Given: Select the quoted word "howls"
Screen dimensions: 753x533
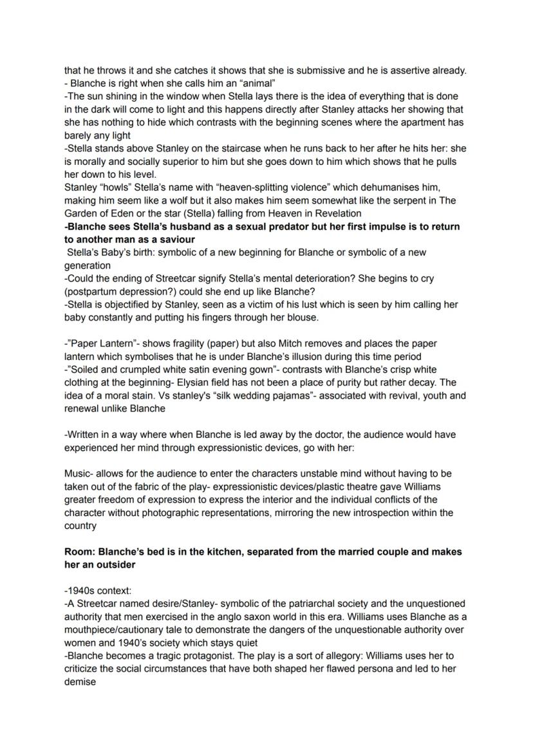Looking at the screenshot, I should click(117, 187).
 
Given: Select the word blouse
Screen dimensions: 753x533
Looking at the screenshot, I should click(300, 318).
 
